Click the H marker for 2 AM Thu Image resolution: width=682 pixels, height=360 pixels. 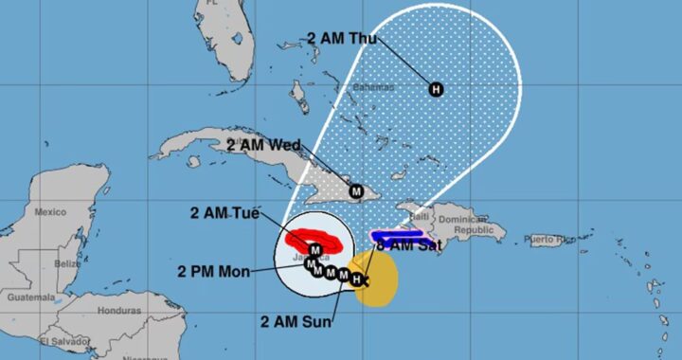[x=436, y=90]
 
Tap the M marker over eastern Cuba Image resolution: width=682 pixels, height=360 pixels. [x=356, y=190]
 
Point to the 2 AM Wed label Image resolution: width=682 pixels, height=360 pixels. [x=264, y=145]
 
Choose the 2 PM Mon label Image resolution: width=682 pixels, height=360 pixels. [x=213, y=272]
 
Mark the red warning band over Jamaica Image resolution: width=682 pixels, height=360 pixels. [x=313, y=238]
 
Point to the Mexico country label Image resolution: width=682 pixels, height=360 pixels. [x=50, y=212]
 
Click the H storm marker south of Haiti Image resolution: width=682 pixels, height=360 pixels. [x=356, y=279]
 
